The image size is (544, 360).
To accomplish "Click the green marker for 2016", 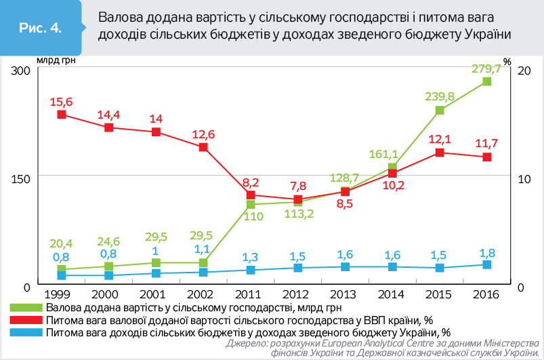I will click(486, 81).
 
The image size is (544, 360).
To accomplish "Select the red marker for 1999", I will click(61, 115).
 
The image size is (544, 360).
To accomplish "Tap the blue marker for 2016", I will click(486, 264).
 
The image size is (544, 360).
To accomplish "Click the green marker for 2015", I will click(440, 110).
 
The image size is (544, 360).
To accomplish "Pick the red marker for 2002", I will click(203, 147).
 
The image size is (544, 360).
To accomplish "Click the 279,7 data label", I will click(486, 68).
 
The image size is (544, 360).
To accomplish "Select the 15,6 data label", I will click(61, 102).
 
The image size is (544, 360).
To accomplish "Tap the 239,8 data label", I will click(440, 97).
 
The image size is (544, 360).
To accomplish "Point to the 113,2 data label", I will click(297, 216).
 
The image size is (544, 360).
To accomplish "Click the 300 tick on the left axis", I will click(22, 71).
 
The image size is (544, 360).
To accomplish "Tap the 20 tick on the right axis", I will click(521, 71).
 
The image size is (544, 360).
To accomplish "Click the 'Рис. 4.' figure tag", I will click(41, 28).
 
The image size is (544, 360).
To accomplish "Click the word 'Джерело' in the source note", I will click(247, 344).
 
